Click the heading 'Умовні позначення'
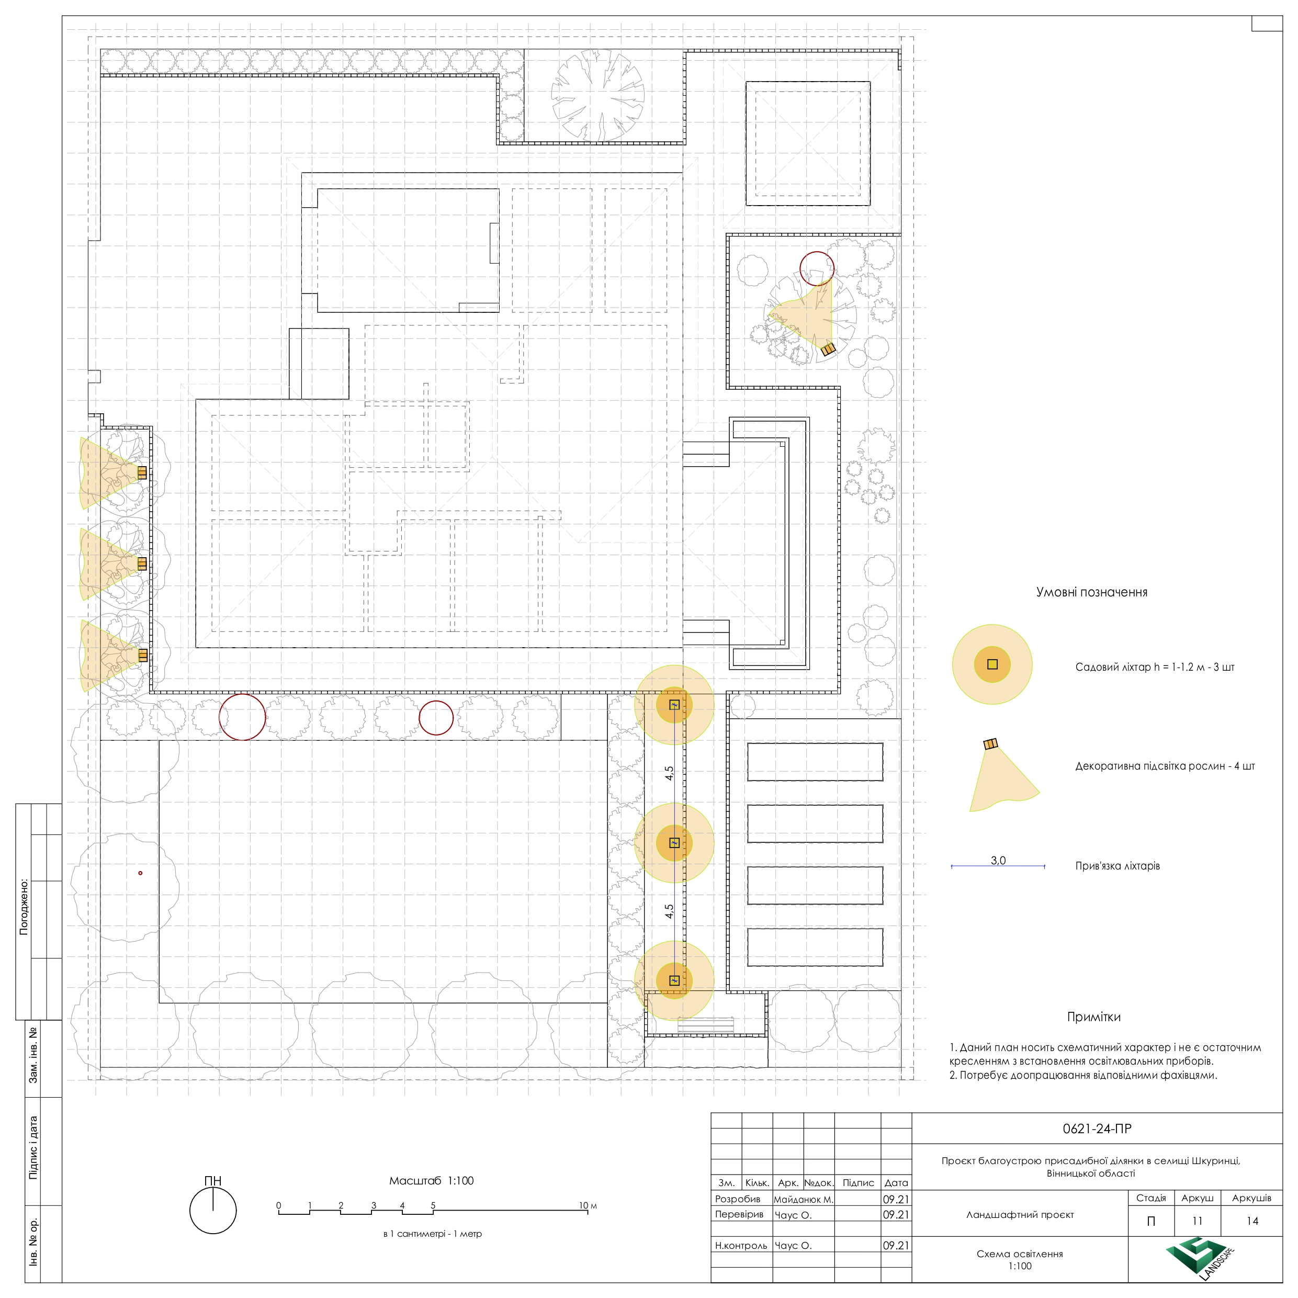tap(1092, 592)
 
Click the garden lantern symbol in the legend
tap(992, 664)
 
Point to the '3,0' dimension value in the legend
tap(998, 860)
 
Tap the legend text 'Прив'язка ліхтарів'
tap(1118, 866)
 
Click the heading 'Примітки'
tap(1094, 1017)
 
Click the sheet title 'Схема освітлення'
tap(1020, 1254)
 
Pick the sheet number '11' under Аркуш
tap(1197, 1221)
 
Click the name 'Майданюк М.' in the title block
tap(804, 1199)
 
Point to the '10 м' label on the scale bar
tap(588, 1205)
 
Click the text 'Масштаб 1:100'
tap(431, 1180)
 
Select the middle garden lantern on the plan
tap(674, 842)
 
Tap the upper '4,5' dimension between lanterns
tap(669, 773)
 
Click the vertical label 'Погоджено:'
tap(24, 906)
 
